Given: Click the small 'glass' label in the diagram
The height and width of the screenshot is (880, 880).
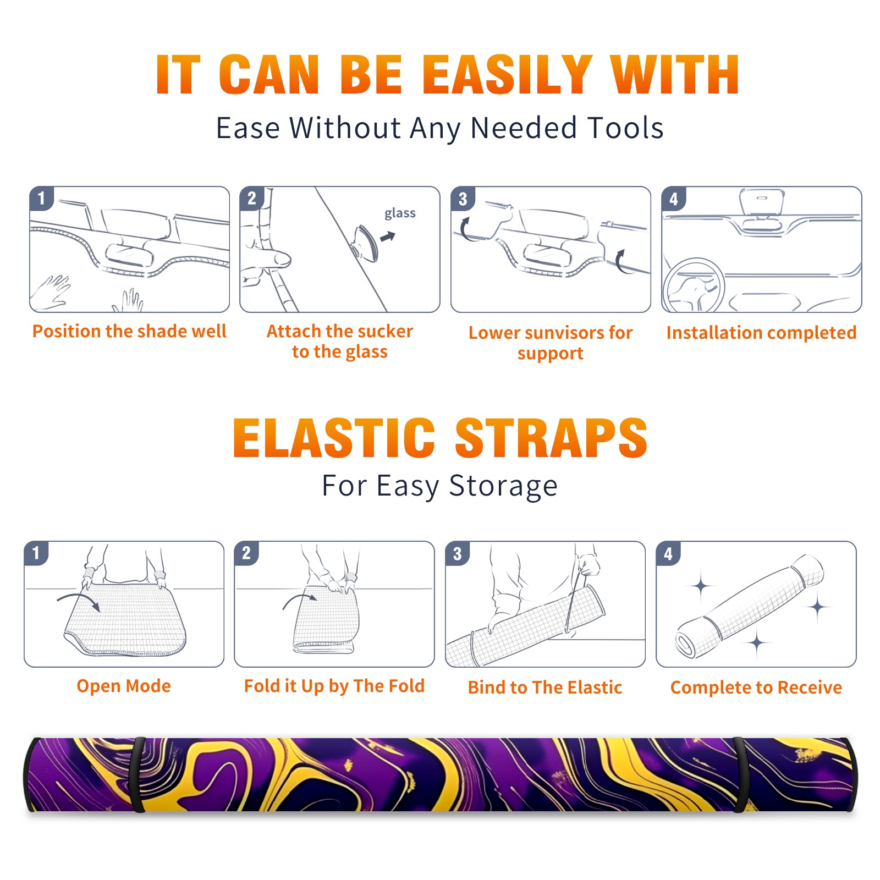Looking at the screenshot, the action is click(x=400, y=213).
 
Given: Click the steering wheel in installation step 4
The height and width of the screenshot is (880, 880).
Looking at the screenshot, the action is click(x=694, y=285).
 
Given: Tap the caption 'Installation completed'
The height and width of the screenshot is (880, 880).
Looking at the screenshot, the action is click(x=761, y=333).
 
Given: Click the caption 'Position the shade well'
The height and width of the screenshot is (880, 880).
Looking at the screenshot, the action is click(x=129, y=331).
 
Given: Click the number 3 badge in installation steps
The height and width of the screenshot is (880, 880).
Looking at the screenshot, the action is click(x=463, y=199).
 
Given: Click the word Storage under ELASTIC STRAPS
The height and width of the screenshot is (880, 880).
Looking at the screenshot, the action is click(x=503, y=487).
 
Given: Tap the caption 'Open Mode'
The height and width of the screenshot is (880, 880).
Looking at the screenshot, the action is click(x=124, y=686).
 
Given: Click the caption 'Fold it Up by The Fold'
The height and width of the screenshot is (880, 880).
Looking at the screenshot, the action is click(x=334, y=686).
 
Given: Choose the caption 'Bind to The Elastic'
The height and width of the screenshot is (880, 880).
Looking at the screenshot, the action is click(x=545, y=687).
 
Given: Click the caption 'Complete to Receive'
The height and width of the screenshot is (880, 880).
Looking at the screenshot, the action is click(x=756, y=687).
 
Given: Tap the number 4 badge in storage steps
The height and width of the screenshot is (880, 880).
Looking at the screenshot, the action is click(x=668, y=553).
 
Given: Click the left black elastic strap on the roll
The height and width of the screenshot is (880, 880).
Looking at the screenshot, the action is click(x=138, y=774).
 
